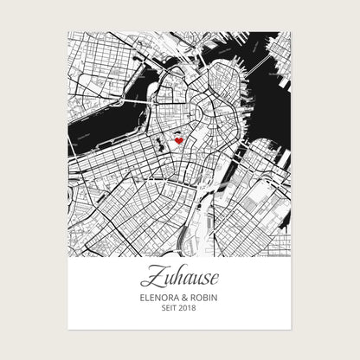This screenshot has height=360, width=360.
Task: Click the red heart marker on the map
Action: tap(178, 140)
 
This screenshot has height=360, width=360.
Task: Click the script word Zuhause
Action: tap(179, 279)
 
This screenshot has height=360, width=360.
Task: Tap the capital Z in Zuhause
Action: tap(148, 278)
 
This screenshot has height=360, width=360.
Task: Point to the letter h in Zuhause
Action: tap(173, 277)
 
